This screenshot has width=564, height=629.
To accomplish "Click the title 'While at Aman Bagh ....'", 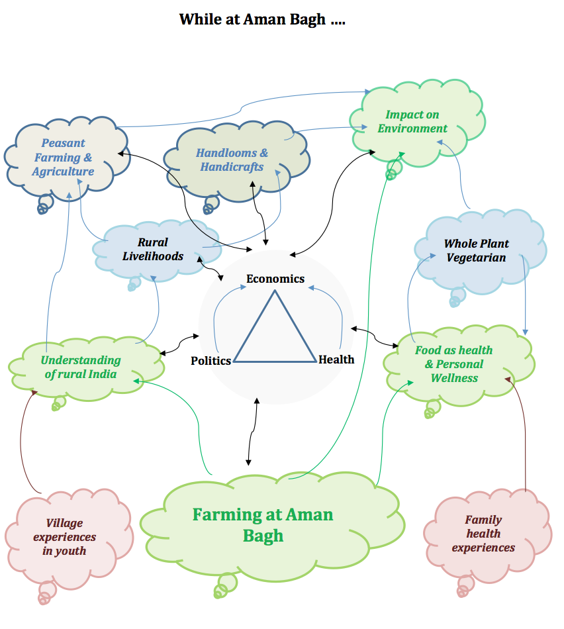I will coord(262,19).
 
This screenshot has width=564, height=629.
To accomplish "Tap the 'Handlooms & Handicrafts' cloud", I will coord(232,160).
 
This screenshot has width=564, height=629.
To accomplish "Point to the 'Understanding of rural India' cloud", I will coord(81,367).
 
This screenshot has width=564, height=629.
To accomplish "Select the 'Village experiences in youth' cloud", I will coord(65,537).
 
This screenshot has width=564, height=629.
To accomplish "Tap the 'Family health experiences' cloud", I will coord(483,534).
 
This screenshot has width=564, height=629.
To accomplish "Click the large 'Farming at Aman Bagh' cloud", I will coord(263,524).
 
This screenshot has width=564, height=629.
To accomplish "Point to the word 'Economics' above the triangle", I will coord(275,278).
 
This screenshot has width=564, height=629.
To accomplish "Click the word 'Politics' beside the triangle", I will coord(211,361).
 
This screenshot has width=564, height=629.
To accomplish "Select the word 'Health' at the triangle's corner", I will coord(336,360).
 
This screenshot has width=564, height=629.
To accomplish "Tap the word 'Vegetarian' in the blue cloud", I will coord(476,258).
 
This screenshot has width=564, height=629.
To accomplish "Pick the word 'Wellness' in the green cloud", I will coord(454,378).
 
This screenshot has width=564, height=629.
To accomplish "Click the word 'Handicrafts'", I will coord(232,167).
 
